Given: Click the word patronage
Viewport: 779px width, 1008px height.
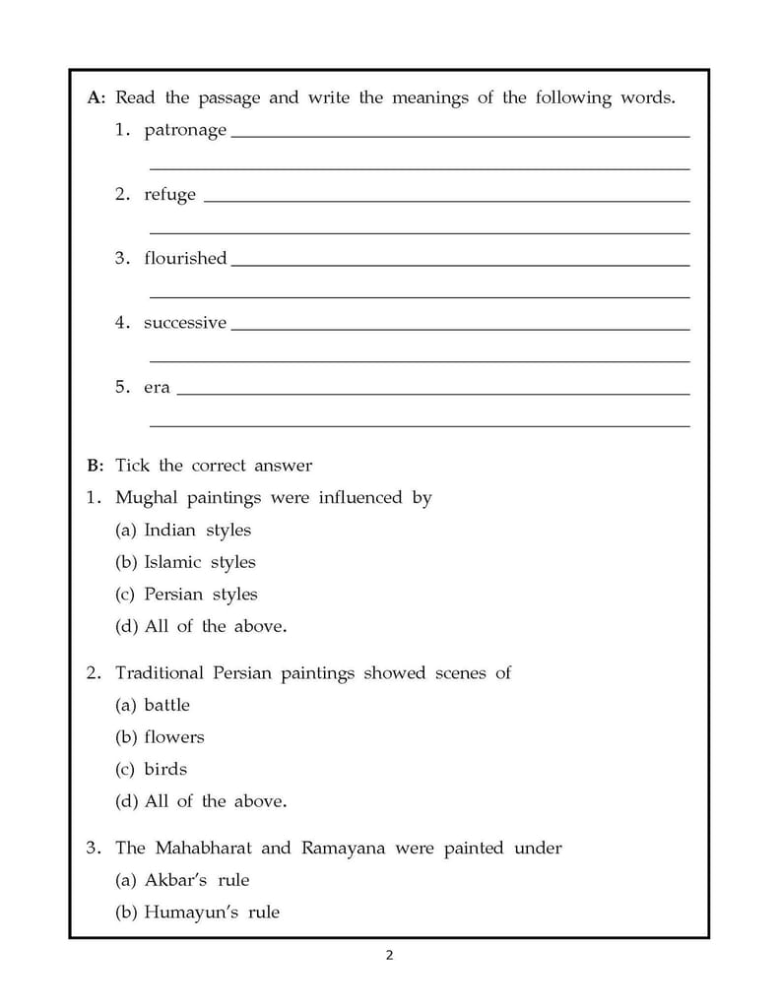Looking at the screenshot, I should coord(185,131).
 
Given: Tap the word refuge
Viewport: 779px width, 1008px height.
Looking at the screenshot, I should coord(169,195).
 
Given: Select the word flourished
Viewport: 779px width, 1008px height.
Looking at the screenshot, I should coord(185,259).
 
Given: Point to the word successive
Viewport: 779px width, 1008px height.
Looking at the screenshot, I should coord(185,323).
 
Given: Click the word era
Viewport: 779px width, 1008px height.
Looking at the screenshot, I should coord(157,388).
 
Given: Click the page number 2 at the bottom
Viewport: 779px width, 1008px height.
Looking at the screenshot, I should coord(389,955).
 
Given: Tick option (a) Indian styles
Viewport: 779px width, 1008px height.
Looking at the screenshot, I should coord(183,531).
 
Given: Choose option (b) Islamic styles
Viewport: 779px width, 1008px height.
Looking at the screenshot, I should coord(185,563).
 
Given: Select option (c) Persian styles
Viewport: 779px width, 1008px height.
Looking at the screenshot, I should coord(186,595).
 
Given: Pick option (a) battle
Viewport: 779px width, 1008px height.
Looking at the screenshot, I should coord(153,706).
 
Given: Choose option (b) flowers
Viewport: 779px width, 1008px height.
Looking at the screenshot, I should coord(160,737).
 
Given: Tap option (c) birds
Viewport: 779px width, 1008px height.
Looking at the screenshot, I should coord(151,770).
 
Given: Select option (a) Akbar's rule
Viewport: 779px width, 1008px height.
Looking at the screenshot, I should coord(182,880).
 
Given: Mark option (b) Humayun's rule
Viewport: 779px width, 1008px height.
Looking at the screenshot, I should coord(197,913).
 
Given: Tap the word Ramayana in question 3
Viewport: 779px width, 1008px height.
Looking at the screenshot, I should coord(343,848).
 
